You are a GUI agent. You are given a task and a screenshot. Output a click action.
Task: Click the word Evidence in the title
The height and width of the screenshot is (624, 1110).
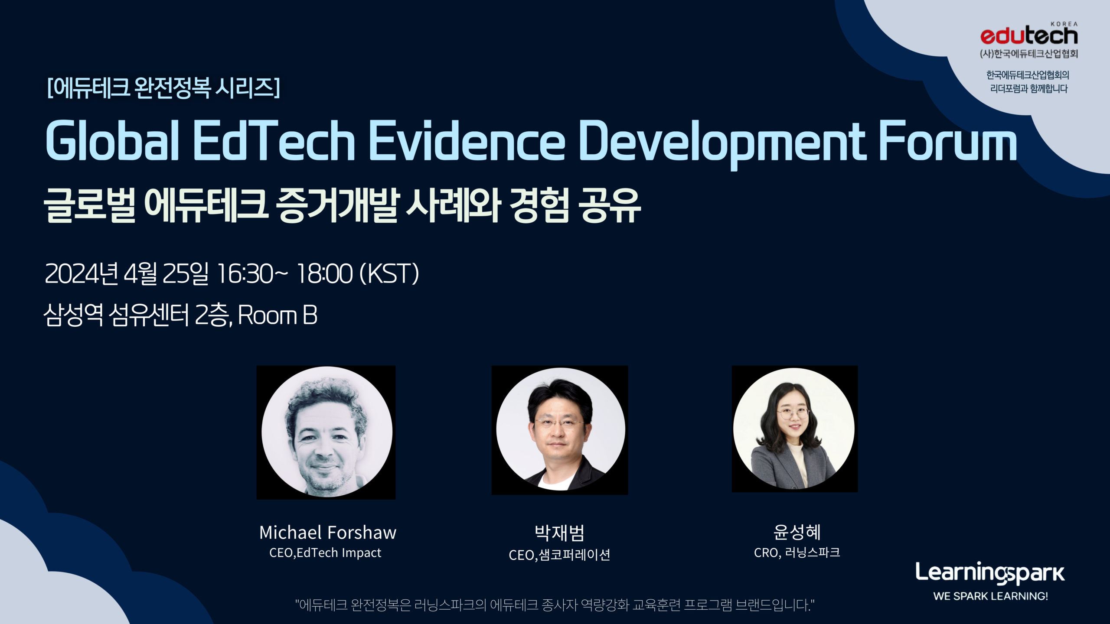pyautogui.click(x=467, y=141)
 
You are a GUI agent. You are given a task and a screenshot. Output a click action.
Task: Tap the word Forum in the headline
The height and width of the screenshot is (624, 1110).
pyautogui.click(x=948, y=141)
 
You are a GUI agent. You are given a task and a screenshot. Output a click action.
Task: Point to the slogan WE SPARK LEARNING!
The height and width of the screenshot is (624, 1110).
pyautogui.click(x=991, y=596)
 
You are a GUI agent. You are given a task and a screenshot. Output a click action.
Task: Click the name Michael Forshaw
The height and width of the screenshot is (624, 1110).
pyautogui.click(x=328, y=533)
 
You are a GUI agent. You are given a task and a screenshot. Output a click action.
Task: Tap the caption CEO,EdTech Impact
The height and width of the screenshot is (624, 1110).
pyautogui.click(x=325, y=553)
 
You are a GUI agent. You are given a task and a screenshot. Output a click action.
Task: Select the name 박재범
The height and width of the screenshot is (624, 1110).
pyautogui.click(x=559, y=533)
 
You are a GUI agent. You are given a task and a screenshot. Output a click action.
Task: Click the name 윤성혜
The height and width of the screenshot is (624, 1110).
pyautogui.click(x=797, y=532)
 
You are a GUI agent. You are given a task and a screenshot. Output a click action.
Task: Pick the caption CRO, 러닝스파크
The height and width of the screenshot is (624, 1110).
pyautogui.click(x=797, y=552)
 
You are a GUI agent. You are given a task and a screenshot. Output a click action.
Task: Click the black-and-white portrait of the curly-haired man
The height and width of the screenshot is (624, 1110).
pyautogui.click(x=326, y=432)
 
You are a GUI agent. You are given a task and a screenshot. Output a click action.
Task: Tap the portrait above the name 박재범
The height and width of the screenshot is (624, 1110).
pyautogui.click(x=560, y=430)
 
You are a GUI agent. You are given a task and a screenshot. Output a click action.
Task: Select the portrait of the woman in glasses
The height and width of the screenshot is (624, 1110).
pyautogui.click(x=795, y=429)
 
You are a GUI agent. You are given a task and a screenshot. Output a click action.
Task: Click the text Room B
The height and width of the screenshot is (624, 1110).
pyautogui.click(x=277, y=315)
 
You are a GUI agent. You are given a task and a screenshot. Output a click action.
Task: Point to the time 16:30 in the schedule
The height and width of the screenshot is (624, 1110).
pyautogui.click(x=245, y=274)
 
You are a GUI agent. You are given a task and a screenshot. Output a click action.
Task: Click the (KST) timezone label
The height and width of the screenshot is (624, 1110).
pyautogui.click(x=389, y=274)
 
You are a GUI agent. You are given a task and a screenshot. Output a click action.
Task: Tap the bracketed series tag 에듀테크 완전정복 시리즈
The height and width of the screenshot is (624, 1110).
pyautogui.click(x=163, y=88)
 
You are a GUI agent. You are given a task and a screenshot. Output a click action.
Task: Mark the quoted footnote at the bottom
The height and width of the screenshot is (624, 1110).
pyautogui.click(x=555, y=604)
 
